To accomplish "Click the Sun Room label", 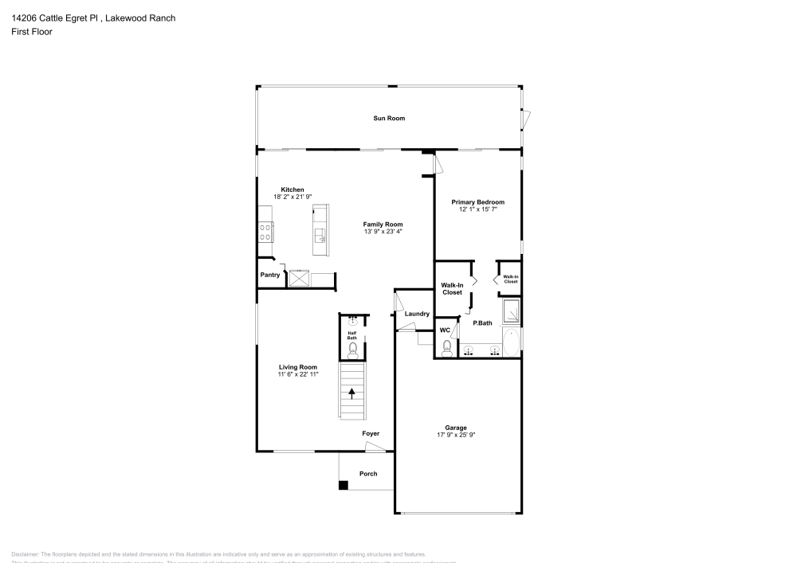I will [x=389, y=118].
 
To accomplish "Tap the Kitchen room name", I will [x=292, y=190].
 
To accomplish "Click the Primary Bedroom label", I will [x=478, y=202].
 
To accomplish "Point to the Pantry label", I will [x=270, y=275].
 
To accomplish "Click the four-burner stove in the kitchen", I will [x=265, y=232].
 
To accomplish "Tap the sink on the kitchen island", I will [x=320, y=235].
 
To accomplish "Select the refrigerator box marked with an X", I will [x=300, y=278].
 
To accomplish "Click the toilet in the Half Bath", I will [x=352, y=348].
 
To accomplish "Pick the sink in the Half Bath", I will [x=352, y=320].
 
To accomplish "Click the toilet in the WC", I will [x=447, y=347].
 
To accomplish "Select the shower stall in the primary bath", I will [x=511, y=312].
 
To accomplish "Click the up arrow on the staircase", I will [x=351, y=393].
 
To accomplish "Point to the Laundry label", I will [x=417, y=314].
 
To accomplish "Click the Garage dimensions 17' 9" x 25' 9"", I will [x=456, y=435].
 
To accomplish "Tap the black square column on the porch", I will [x=343, y=485].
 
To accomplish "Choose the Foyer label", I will [x=371, y=433].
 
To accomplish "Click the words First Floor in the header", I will [x=32, y=32].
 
